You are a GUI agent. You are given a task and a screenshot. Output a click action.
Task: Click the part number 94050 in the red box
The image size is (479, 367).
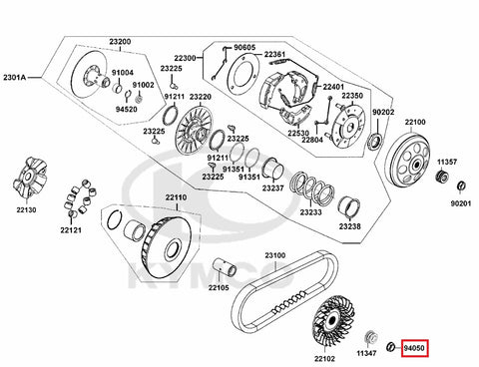tap(414, 348)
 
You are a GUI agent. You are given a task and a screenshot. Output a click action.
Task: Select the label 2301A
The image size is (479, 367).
tap(14, 78)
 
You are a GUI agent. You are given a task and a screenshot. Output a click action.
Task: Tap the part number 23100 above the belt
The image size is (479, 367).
tap(275, 255)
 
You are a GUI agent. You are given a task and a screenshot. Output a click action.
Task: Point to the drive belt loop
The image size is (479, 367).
tap(285, 292)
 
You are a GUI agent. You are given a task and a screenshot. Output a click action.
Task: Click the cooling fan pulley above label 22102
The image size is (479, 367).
tap(329, 322)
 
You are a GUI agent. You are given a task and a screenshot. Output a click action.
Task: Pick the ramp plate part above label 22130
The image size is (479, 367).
tap(30, 179)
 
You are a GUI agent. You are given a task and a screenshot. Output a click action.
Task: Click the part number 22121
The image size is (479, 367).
tap(71, 229)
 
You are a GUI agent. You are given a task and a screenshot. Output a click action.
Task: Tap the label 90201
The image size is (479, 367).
tap(461, 203)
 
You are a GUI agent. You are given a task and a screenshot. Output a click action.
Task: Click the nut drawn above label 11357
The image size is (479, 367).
tap(442, 176)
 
